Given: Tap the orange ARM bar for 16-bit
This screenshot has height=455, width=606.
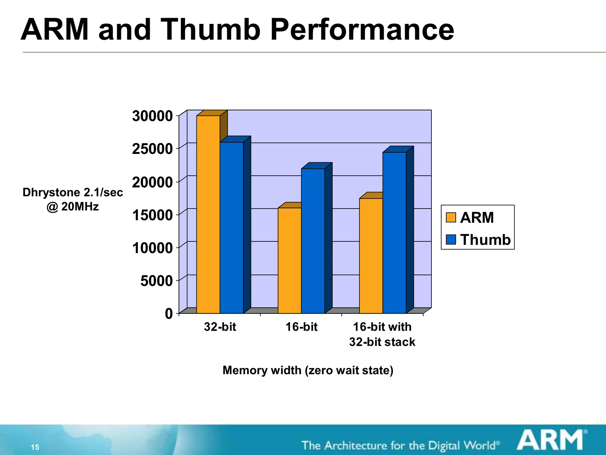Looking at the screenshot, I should (x=289, y=260).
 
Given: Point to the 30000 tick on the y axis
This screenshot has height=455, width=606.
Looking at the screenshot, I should (x=152, y=116).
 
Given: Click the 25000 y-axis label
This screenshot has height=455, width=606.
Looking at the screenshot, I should (x=152, y=149).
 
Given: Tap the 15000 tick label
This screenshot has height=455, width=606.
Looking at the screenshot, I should (x=152, y=215).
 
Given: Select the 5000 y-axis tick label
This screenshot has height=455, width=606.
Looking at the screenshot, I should (x=157, y=281).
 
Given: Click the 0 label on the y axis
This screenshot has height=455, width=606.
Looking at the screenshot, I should (x=169, y=314).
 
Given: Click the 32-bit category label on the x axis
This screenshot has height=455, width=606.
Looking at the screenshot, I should (x=220, y=327).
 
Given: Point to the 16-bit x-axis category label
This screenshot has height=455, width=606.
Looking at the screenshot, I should (x=301, y=327).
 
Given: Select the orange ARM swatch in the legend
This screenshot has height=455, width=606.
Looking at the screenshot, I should (x=451, y=217).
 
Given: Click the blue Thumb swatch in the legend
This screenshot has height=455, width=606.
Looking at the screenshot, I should (x=451, y=239).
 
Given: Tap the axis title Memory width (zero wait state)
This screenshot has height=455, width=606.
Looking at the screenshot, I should (x=308, y=370).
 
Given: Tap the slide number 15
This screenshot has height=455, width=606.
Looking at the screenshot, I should (x=35, y=447).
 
